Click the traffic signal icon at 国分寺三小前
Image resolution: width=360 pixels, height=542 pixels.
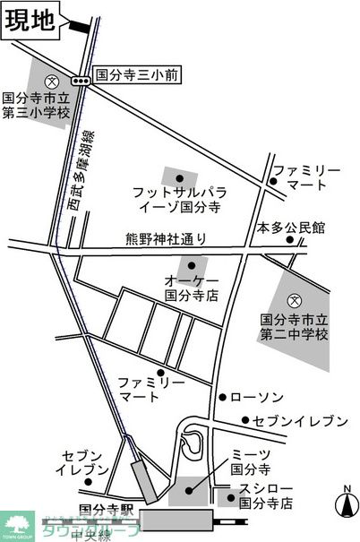point(81,81)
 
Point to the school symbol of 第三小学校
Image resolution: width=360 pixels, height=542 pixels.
point(52,80)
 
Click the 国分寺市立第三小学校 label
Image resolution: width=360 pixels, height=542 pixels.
point(36,106)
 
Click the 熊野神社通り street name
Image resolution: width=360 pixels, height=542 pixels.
point(166,239)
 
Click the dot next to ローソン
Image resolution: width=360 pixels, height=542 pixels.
point(221,396)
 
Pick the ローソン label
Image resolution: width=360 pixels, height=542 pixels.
point(258,396)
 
